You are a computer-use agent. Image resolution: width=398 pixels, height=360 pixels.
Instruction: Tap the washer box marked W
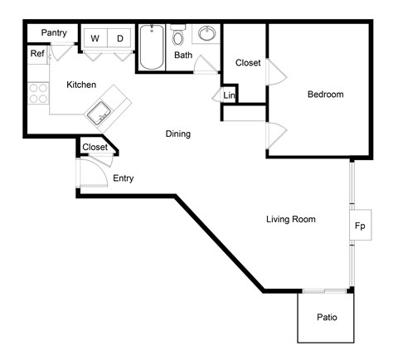coord(95,38)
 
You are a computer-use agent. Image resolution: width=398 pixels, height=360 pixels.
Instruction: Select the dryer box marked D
coord(119,38)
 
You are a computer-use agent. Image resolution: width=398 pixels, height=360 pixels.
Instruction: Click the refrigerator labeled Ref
coord(37,54)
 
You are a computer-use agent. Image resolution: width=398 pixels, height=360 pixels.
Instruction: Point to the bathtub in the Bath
coord(152,48)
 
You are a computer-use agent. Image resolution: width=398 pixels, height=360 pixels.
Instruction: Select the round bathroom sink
coord(206,35)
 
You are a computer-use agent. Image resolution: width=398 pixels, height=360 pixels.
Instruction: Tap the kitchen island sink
coord(102,110)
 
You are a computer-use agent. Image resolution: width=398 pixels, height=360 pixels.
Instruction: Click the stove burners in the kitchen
coord(38,93)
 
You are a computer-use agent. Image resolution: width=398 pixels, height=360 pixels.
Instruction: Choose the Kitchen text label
coord(81,85)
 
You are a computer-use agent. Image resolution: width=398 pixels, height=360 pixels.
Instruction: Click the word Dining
coord(178,134)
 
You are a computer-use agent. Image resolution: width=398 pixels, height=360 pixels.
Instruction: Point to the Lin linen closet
coord(230,96)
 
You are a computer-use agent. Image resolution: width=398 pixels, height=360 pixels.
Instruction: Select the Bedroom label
coord(325,95)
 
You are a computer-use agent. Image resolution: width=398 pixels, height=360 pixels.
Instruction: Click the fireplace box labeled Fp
coord(360,226)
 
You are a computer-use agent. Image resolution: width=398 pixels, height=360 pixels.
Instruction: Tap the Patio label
coord(326,318)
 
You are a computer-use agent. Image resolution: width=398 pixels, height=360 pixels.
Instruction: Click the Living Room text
coord(291,219)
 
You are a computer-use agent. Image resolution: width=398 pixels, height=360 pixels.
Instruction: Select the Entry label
coord(122,178)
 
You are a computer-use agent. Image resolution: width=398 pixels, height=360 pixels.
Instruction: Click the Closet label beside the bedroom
coord(249,63)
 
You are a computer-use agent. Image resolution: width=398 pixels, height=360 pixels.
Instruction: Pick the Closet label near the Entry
coord(95,148)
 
